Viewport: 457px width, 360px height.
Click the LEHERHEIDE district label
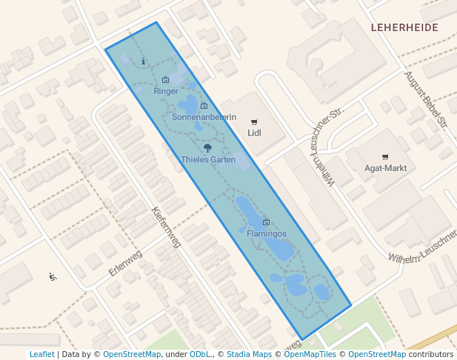(x=404, y=27)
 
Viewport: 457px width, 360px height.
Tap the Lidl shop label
(x=254, y=133)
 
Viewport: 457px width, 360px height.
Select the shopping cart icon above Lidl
(x=254, y=122)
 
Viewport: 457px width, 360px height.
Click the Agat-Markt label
(x=385, y=168)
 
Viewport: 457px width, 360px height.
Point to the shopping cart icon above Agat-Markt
(x=385, y=157)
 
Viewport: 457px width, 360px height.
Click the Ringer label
(x=166, y=91)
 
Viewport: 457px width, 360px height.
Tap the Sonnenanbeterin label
(x=204, y=117)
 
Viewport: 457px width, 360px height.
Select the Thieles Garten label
(x=208, y=159)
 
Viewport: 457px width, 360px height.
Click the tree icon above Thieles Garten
(x=207, y=149)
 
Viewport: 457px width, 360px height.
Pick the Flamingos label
(x=266, y=233)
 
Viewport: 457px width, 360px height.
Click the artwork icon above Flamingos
(x=266, y=222)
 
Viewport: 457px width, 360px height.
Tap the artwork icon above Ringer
(x=165, y=80)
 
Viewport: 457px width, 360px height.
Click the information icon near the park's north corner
(x=143, y=61)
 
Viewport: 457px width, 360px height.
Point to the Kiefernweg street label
(x=166, y=227)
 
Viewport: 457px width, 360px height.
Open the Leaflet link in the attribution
(x=41, y=354)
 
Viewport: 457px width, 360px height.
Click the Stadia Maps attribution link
(x=250, y=354)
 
